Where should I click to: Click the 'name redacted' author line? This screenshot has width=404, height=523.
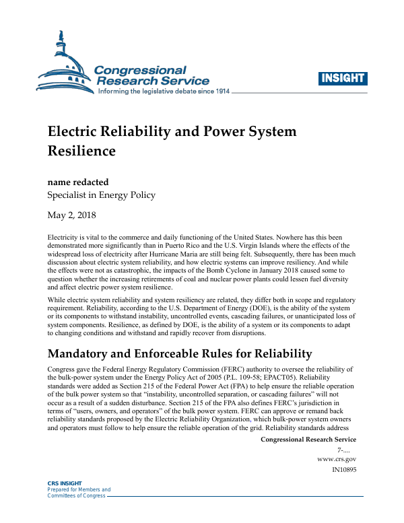click(78, 182)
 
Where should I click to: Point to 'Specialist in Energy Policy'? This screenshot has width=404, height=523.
click(101, 195)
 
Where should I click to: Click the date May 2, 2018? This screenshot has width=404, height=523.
click(72, 215)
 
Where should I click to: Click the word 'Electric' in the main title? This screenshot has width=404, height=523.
click(76, 132)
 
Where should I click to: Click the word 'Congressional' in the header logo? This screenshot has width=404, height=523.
click(141, 70)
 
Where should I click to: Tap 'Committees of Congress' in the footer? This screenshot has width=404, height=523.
click(76, 496)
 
